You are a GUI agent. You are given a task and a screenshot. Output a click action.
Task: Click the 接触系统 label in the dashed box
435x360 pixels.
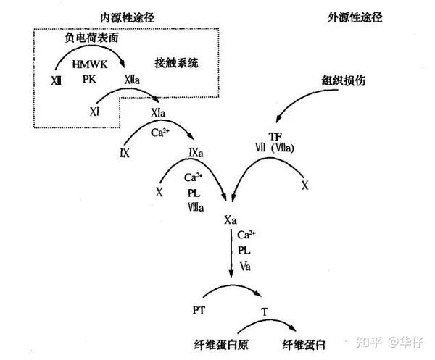click(176, 62)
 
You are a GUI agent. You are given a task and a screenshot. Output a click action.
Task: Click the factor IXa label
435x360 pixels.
click(196, 152)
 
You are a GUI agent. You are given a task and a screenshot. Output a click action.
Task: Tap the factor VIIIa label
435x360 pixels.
click(195, 206)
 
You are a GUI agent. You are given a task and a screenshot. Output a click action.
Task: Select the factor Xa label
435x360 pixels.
click(232, 219)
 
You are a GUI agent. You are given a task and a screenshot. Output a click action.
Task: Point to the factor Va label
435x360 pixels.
click(244, 266)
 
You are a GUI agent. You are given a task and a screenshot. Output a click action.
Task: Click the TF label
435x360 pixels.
click(275, 135)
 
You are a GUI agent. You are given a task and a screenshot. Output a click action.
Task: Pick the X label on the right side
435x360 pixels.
click(304, 186)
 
